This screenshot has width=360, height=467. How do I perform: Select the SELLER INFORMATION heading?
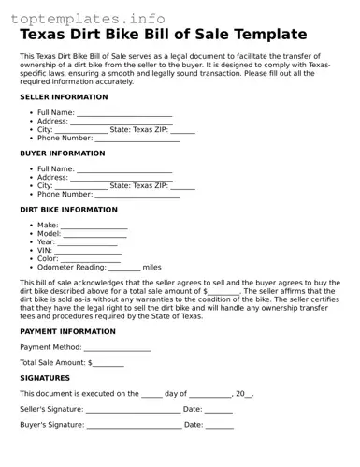(x=64, y=96)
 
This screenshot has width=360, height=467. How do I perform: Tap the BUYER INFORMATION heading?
(x=63, y=153)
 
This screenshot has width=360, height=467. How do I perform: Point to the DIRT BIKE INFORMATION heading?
(x=69, y=210)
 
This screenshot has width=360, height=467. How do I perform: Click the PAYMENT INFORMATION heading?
(x=68, y=331)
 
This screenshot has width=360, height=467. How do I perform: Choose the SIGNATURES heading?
(x=45, y=378)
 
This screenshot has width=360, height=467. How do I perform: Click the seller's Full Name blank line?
(x=125, y=114)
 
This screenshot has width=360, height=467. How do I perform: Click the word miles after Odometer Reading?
(x=152, y=267)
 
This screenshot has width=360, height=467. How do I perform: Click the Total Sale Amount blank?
(x=108, y=364)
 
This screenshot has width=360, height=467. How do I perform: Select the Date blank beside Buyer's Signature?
(x=220, y=427)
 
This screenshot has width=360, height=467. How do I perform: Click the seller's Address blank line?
(x=120, y=123)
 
